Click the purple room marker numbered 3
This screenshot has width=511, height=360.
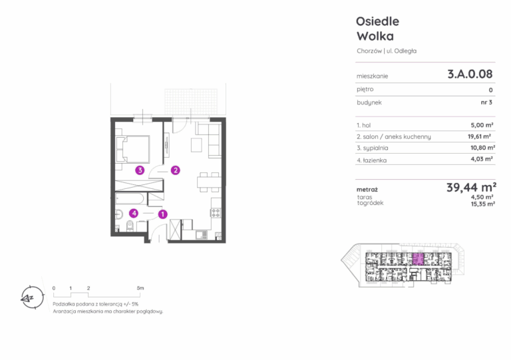click(140, 170)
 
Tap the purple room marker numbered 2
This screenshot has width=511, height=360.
click(176, 170)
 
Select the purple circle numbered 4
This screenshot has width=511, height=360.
click(134, 214)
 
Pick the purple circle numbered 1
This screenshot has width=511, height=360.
click(162, 214)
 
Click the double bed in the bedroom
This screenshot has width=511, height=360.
click(133, 149)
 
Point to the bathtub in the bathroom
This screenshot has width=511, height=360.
click(129, 200)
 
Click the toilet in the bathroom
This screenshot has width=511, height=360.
click(130, 225)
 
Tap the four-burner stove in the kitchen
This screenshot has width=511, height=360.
click(216, 213)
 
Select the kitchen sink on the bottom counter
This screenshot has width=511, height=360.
click(201, 234)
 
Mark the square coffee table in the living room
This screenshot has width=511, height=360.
click(196, 145)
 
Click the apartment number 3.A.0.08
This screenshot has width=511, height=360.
click(470, 74)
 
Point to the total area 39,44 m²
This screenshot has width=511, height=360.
click(471, 188)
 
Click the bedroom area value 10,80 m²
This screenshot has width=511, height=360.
click(482, 148)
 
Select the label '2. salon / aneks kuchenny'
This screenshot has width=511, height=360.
click(394, 137)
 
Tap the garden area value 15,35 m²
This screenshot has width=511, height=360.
click(483, 204)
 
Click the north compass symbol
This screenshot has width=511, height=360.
click(32, 297)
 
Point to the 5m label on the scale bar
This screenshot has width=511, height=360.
click(140, 288)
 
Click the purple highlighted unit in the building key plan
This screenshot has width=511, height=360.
click(418, 259)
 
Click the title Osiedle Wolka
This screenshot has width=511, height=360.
click(377, 29)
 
